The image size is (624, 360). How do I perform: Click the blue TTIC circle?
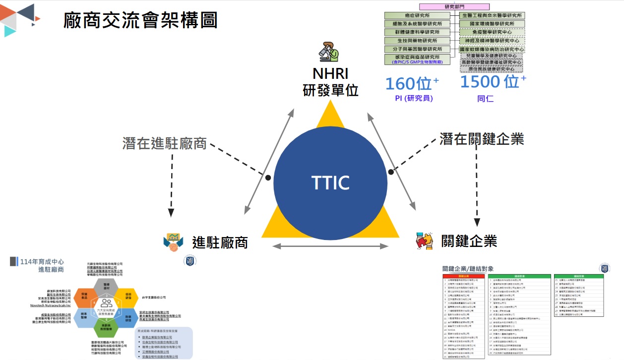tap(330, 182)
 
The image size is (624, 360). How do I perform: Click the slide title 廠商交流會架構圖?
tap(140, 20)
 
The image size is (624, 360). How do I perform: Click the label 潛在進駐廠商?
tap(165, 144)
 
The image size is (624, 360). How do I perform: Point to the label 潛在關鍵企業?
tap(482, 138)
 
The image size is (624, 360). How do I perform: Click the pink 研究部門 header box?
tap(454, 7)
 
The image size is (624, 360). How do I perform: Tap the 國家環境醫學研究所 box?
tap(491, 24)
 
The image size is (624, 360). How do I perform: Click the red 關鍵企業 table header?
tap(463, 276)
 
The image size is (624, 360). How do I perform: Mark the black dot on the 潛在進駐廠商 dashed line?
tap(268, 177)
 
